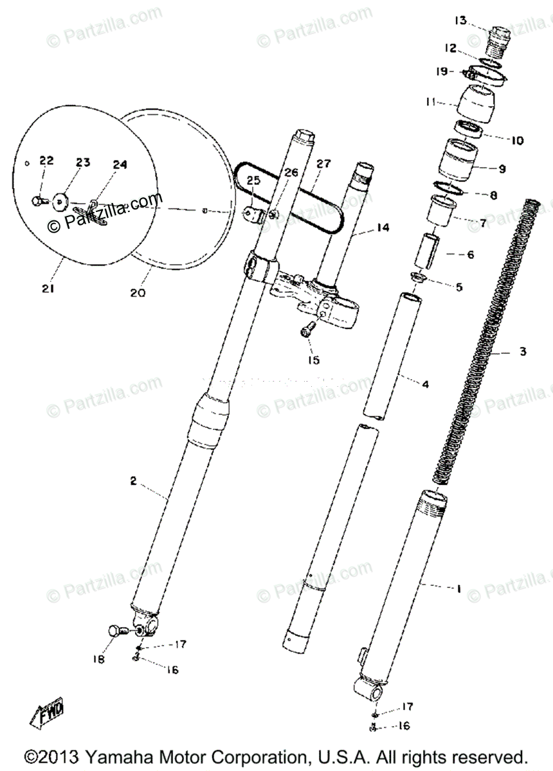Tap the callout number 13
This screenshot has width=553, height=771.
click(x=460, y=21)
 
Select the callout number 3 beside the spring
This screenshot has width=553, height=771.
click(x=522, y=351)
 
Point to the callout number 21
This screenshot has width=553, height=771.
click(x=48, y=289)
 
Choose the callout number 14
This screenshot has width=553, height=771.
click(x=383, y=228)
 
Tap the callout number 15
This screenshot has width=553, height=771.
click(x=313, y=360)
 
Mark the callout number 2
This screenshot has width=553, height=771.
click(x=134, y=481)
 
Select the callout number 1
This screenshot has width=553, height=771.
click(x=458, y=587)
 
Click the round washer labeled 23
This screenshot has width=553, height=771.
click(x=60, y=201)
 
